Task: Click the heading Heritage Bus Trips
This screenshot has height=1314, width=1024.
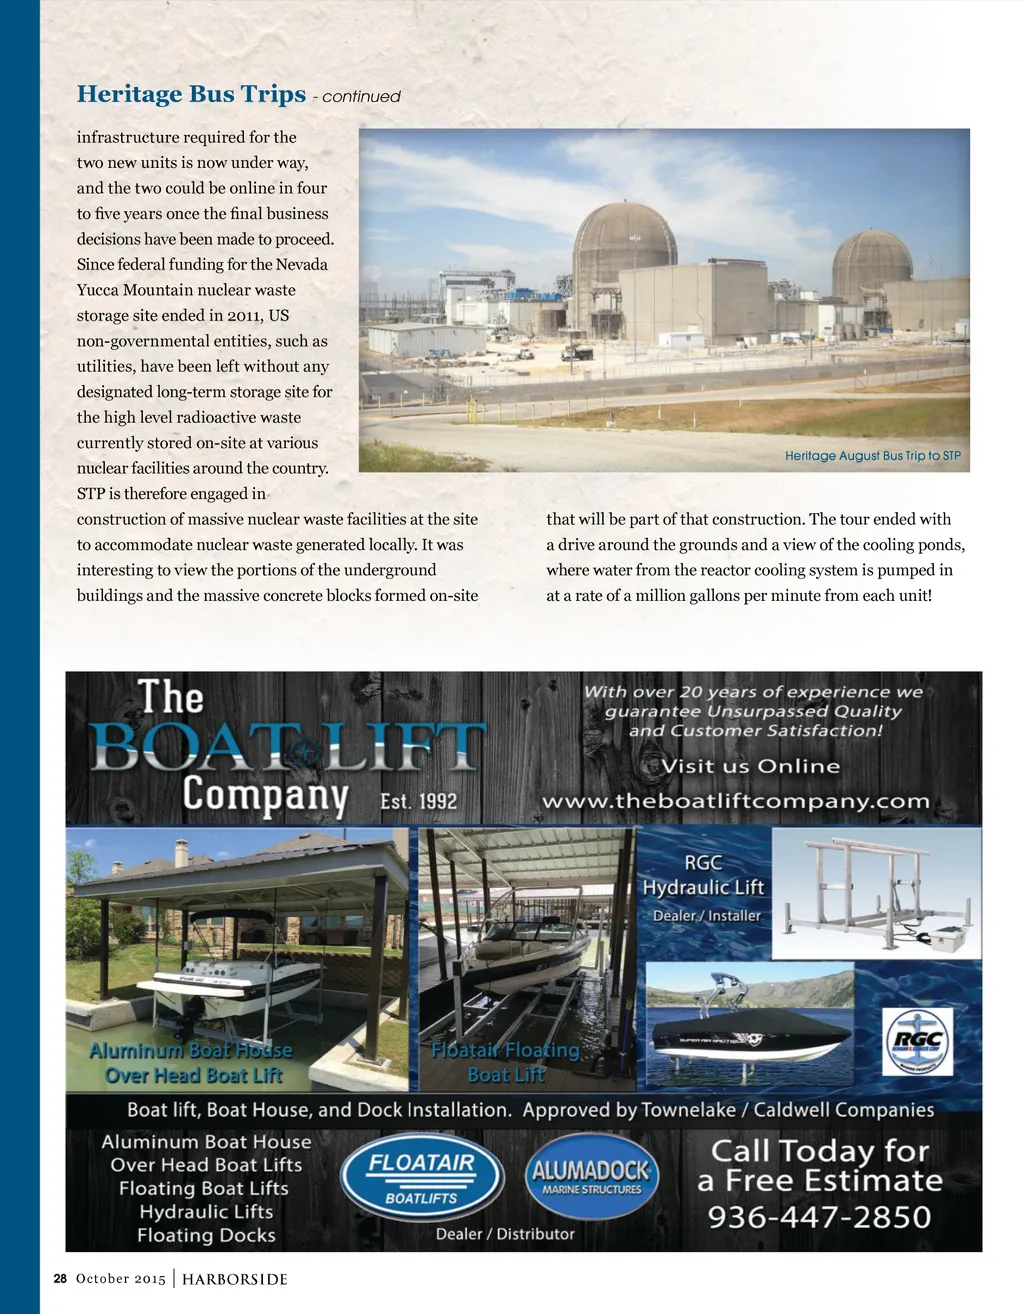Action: [x=191, y=94]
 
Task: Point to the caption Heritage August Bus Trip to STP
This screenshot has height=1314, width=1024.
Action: [x=872, y=456]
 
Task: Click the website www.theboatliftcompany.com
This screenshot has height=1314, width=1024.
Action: [x=735, y=801]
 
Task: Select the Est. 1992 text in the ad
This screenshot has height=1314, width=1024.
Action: [x=418, y=801]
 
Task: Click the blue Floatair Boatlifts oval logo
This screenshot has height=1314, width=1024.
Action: [x=421, y=1178]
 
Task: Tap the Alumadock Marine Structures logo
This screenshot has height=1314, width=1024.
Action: [x=591, y=1177]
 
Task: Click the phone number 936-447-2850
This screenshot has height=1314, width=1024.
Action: [x=819, y=1217]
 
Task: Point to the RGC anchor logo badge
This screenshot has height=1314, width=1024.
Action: [x=917, y=1041]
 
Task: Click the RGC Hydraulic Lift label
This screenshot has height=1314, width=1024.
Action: [x=703, y=875]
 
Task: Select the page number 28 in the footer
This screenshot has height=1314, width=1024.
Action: [x=60, y=1279]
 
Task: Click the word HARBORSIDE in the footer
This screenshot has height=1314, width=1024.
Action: [x=235, y=1279]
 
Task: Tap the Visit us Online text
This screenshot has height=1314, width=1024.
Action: [x=750, y=766]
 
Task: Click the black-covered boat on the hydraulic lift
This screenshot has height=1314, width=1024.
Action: [x=750, y=1036]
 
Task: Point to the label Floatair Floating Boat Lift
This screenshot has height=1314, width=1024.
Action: [x=506, y=1062]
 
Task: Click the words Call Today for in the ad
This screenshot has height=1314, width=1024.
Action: [x=820, y=1151]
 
